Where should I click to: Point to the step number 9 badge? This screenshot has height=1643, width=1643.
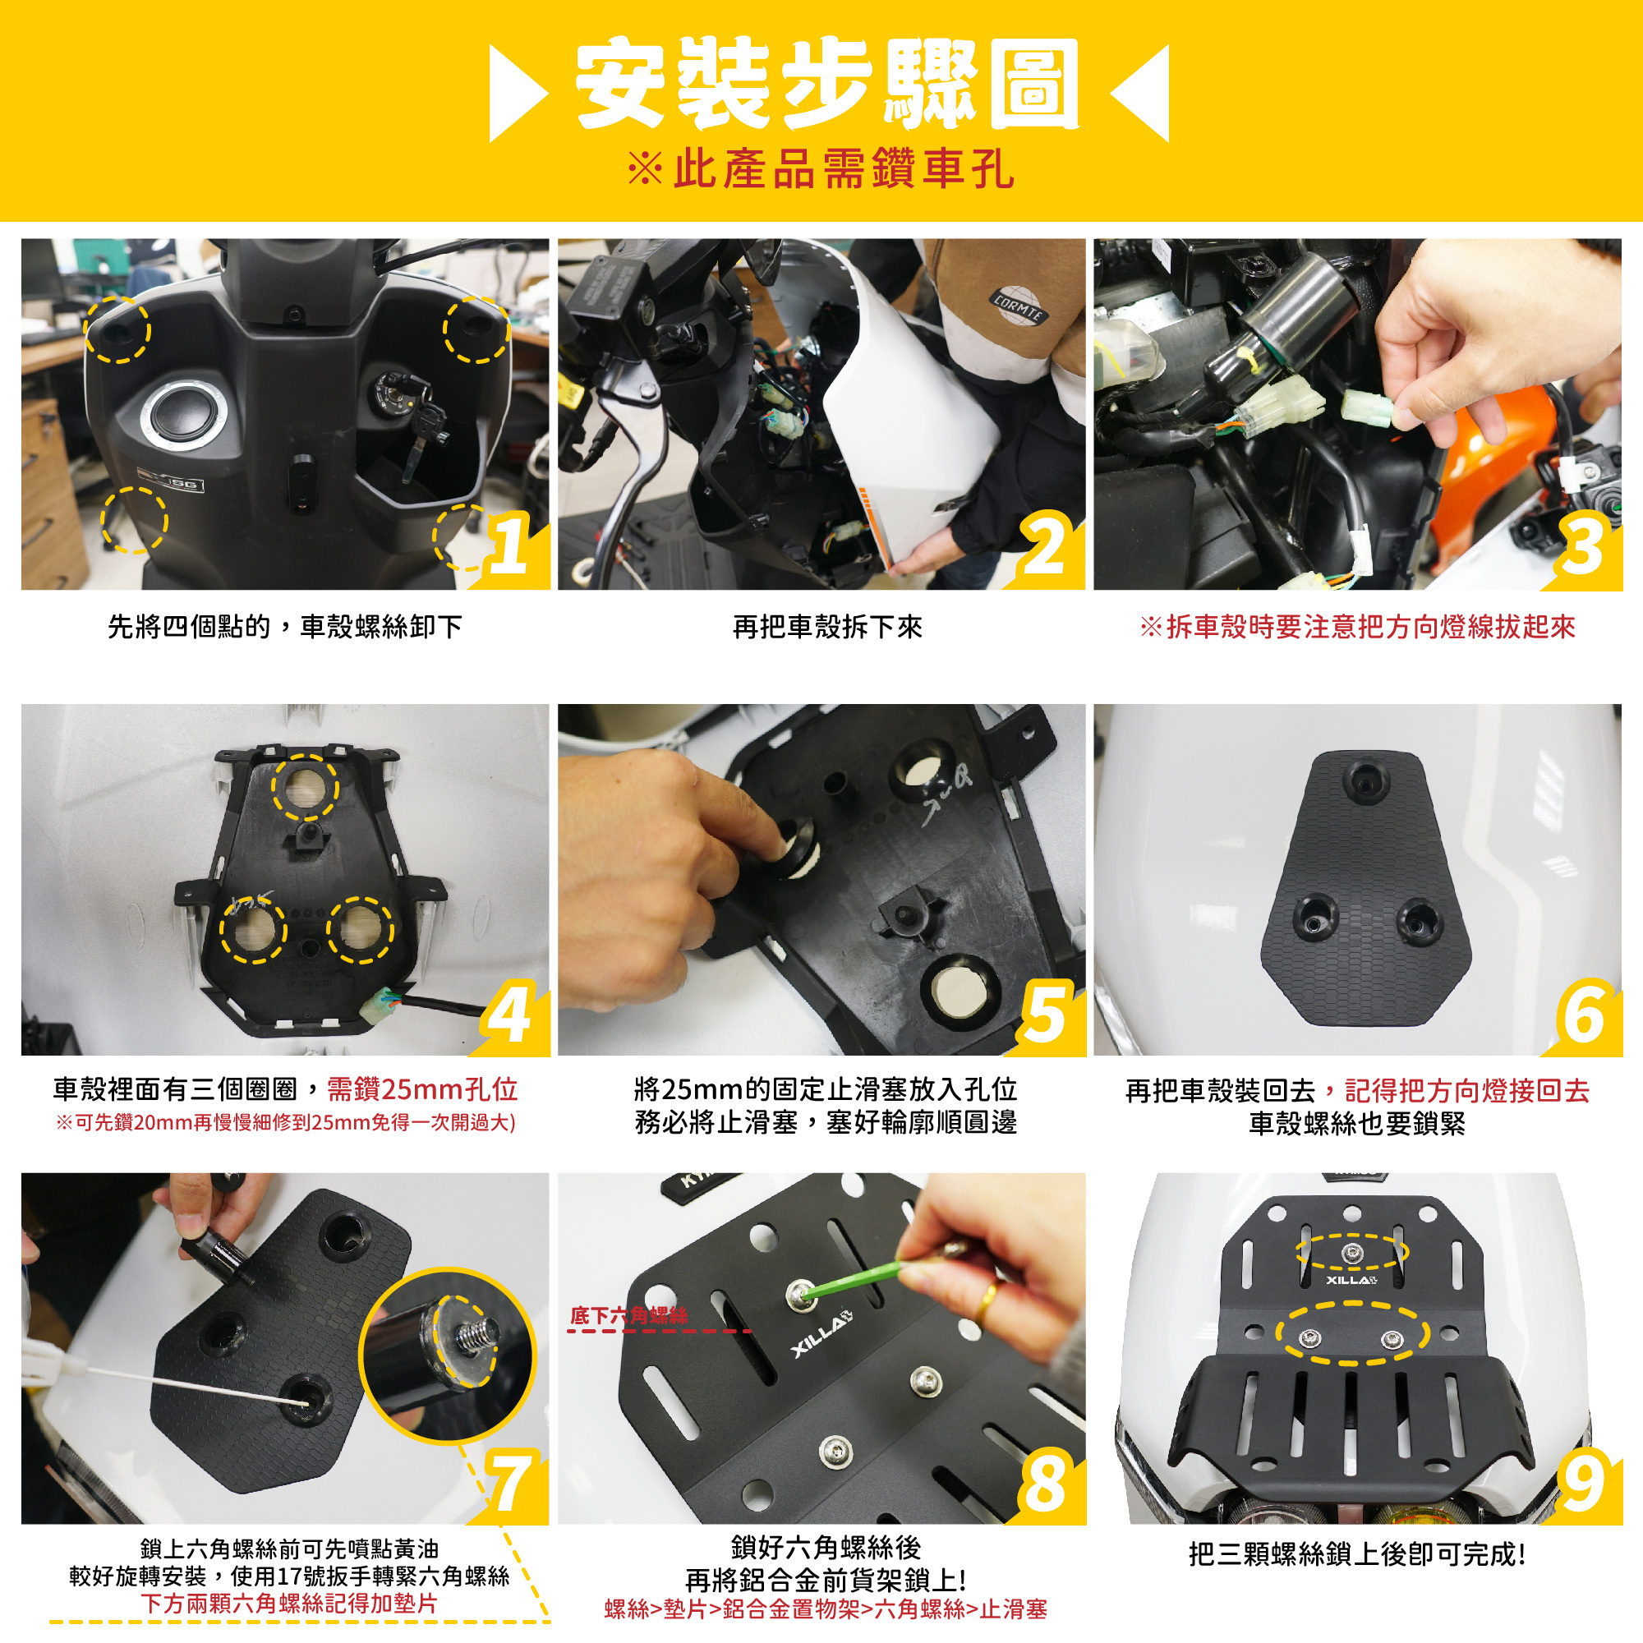1584,1482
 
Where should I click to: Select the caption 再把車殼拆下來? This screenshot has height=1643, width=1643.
827,627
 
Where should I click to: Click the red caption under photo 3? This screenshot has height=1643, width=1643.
1357,627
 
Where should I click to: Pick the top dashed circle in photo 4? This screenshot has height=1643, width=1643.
306,787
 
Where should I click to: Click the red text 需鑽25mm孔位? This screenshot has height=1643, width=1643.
422,1089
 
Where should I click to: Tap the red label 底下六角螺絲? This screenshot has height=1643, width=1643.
628,1315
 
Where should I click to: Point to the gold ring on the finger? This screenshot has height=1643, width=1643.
986,1298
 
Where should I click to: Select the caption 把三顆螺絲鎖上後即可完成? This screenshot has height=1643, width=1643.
1357,1553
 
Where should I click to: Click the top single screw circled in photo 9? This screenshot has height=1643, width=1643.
1351,1252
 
